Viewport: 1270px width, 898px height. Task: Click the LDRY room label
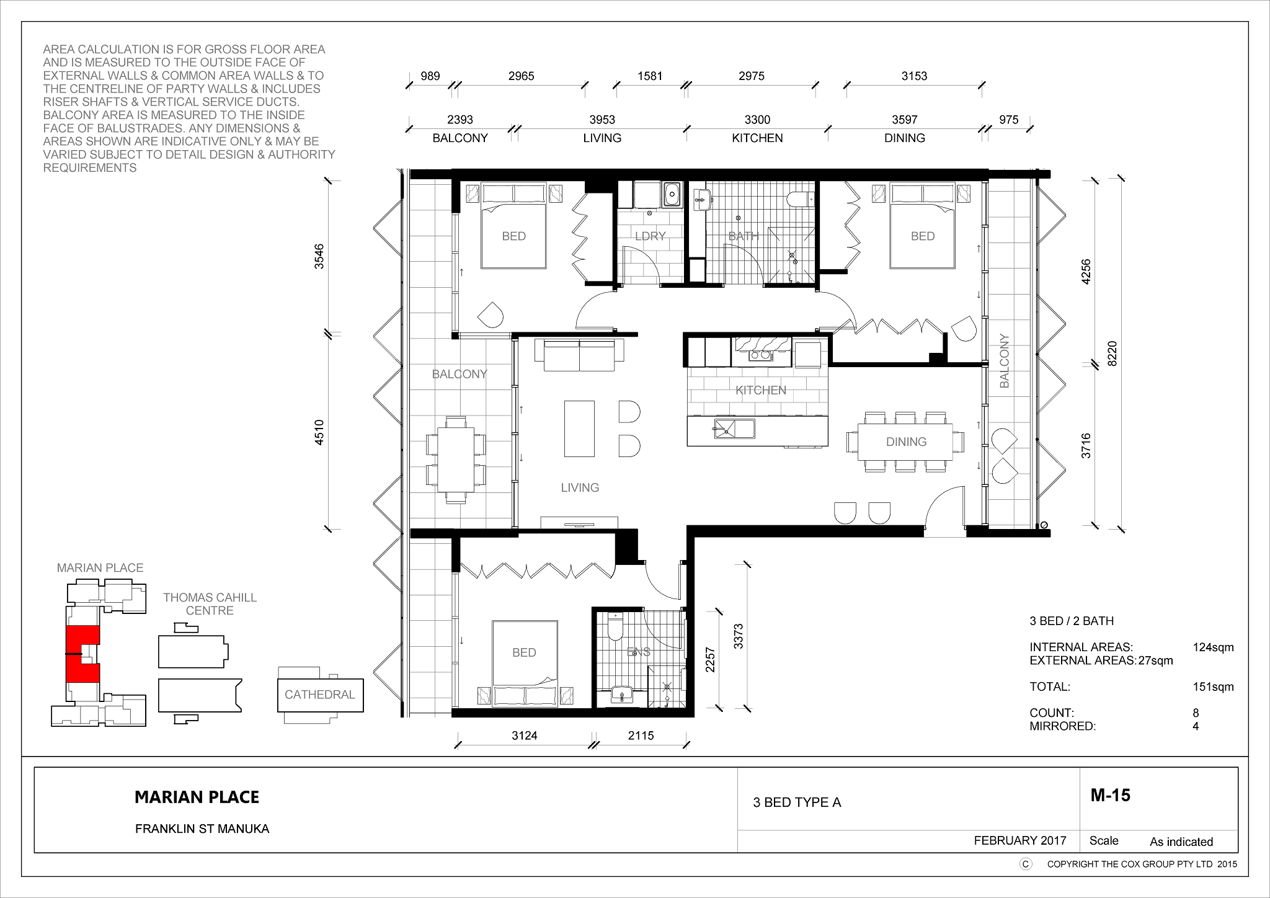(651, 236)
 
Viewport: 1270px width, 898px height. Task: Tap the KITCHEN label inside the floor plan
(761, 390)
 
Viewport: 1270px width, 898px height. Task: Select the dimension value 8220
(1112, 353)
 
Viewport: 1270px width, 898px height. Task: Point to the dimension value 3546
(319, 256)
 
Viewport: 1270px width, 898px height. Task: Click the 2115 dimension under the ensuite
(641, 736)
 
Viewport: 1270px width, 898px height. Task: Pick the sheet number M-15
(1111, 795)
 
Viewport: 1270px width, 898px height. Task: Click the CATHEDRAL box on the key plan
(320, 695)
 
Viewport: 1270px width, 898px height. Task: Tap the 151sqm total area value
(1213, 687)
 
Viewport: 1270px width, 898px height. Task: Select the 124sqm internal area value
(1213, 647)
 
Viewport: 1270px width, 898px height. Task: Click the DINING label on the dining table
(907, 442)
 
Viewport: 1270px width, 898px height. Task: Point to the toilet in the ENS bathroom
(615, 626)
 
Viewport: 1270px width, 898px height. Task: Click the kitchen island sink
(734, 429)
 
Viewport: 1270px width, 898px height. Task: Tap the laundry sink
(672, 195)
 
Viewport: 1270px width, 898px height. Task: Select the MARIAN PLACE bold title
(197, 797)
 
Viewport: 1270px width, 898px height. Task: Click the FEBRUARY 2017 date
(1020, 840)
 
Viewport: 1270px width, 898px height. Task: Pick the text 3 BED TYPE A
(797, 802)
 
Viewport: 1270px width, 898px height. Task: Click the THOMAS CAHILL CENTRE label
(210, 604)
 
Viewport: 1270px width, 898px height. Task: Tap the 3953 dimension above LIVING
(602, 120)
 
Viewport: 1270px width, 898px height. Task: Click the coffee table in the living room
(579, 429)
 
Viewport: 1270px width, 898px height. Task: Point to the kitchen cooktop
(760, 355)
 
